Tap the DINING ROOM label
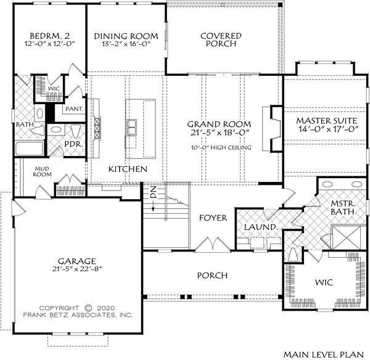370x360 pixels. (x=126, y=36)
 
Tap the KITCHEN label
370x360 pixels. (x=127, y=169)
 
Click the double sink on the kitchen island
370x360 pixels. (x=133, y=127)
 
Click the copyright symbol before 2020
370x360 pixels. (x=88, y=308)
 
